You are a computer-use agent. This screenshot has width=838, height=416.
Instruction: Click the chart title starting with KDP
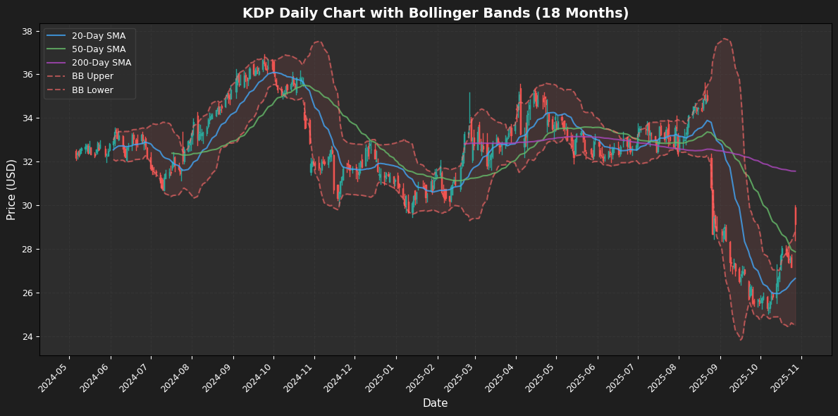435,13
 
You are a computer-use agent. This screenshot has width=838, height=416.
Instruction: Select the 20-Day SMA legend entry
98,36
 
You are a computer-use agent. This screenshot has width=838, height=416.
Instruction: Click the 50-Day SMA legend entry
98,49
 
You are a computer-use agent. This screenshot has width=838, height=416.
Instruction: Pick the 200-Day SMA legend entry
101,63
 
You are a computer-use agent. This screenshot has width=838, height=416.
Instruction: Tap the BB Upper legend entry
93,76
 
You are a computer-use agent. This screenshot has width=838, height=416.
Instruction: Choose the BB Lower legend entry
93,90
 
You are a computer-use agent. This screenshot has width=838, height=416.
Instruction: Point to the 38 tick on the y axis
27,31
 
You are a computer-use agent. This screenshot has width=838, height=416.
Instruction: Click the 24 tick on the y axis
27,336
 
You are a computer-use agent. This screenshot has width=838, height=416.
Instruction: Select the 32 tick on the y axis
27,162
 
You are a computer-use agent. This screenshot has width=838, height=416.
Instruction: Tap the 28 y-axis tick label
27,250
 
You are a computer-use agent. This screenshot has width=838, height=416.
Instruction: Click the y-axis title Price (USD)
11,189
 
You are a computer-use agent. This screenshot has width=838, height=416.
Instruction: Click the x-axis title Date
435,403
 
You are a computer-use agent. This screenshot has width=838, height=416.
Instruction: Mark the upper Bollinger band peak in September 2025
725,38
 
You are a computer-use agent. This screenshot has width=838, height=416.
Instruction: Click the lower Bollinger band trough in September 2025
741,340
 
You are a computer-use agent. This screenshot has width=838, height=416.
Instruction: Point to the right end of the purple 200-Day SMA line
796,171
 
